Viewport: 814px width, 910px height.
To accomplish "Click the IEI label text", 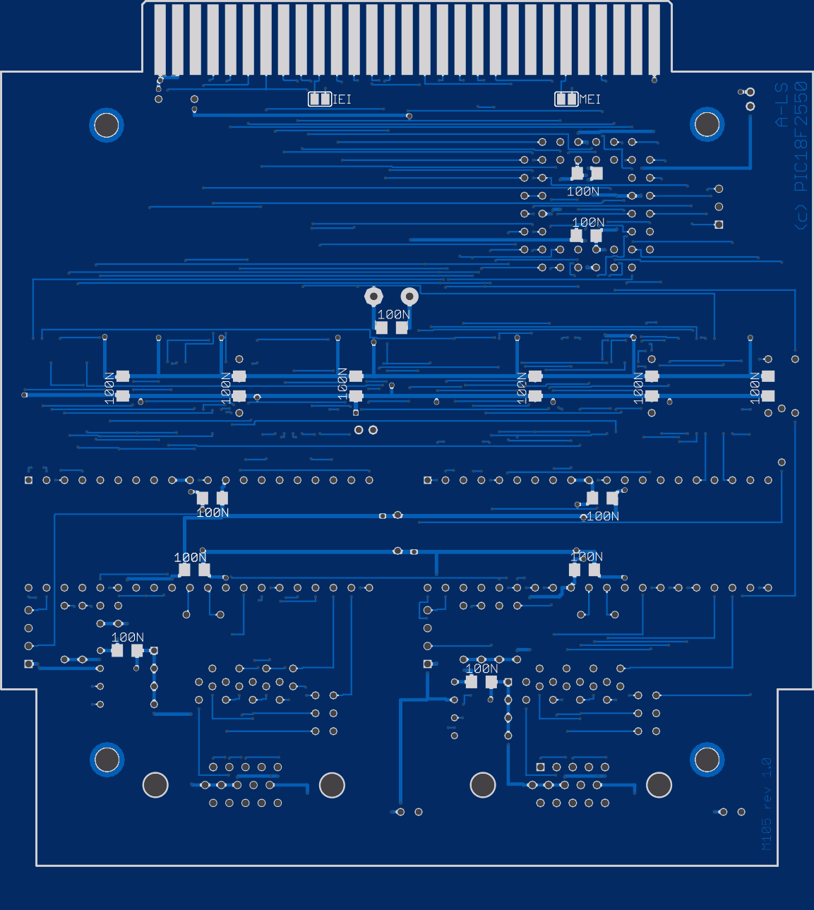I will [x=342, y=100].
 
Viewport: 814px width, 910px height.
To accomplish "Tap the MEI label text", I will [x=590, y=100].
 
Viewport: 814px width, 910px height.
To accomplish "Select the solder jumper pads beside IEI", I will [x=320, y=99].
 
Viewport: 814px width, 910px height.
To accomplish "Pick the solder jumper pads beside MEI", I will [x=566, y=99].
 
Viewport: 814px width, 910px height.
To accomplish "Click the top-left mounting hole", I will [x=107, y=125].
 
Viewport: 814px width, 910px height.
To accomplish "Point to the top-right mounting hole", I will [x=707, y=124].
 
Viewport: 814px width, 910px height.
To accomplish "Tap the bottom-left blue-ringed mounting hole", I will [x=107, y=760].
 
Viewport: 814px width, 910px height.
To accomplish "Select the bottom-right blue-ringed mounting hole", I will [x=707, y=760].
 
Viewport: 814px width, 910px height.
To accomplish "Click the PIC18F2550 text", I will [x=801, y=137].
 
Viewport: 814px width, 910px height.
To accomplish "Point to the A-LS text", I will [x=782, y=105].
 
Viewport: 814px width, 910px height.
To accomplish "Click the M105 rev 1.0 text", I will [x=767, y=803].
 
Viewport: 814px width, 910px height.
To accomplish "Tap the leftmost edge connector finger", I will [x=160, y=40].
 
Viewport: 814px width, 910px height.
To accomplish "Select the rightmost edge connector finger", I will [x=654, y=40].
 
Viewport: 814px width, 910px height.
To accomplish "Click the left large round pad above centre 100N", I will [x=373, y=297].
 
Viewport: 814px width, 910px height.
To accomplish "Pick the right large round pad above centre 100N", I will [x=409, y=297].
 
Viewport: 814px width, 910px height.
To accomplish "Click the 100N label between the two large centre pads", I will [x=393, y=315].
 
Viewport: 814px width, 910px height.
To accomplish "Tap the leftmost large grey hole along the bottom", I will [x=155, y=784].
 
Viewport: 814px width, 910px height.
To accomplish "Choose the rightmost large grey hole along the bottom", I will [x=659, y=784].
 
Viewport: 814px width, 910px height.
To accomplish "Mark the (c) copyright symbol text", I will [x=801, y=217].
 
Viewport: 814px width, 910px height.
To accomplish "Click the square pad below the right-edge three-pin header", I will [x=719, y=224].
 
